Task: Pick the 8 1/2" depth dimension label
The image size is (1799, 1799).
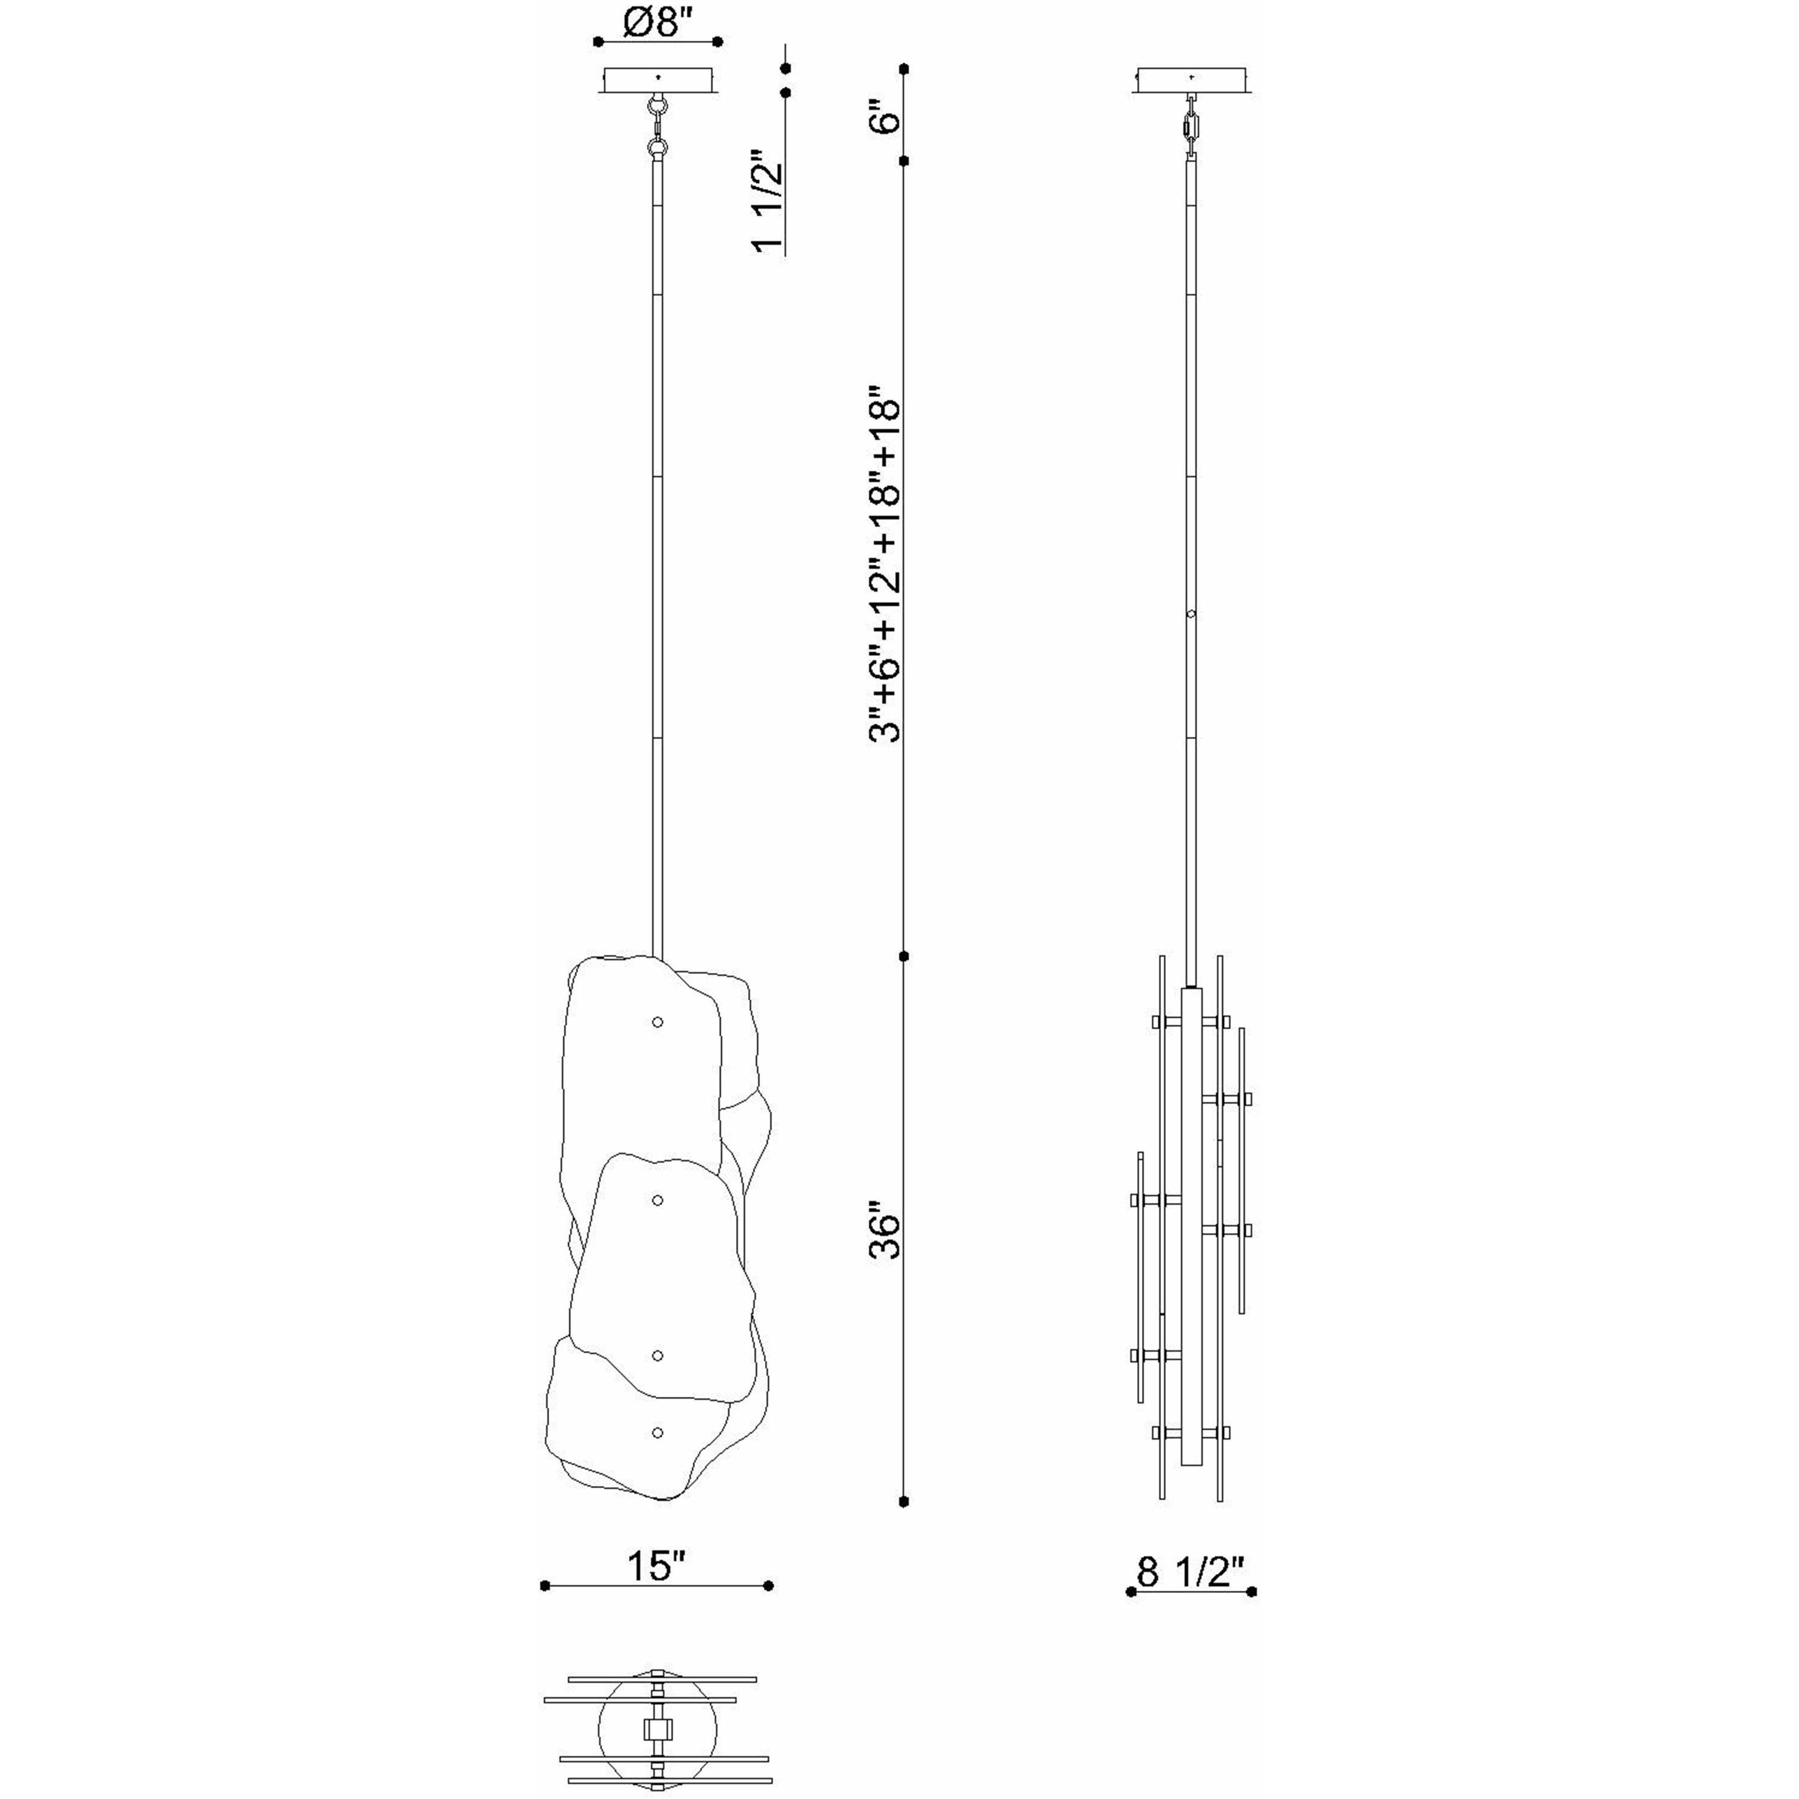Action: (1191, 1573)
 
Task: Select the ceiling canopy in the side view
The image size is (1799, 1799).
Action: (1192, 80)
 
